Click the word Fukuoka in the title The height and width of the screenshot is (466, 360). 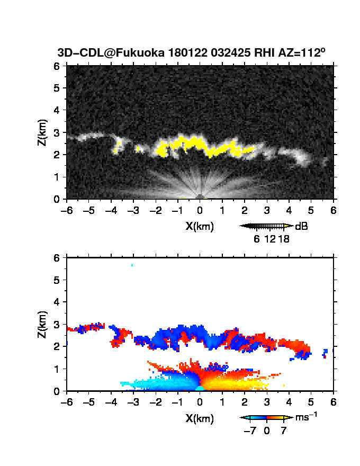click(x=140, y=52)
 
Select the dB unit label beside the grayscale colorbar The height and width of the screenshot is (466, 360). click(x=301, y=227)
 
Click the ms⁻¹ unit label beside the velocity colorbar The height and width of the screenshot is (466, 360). click(x=306, y=417)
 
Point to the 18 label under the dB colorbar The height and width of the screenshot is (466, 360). click(x=284, y=239)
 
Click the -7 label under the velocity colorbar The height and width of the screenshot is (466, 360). click(x=250, y=431)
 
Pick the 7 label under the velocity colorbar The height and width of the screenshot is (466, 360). click(x=284, y=431)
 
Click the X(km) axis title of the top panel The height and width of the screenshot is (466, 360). click(x=200, y=227)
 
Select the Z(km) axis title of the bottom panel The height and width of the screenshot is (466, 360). click(x=42, y=325)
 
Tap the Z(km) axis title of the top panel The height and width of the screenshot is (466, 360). click(x=42, y=132)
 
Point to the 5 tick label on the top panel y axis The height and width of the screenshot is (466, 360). click(x=57, y=88)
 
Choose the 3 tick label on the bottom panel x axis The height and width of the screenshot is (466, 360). click(x=267, y=402)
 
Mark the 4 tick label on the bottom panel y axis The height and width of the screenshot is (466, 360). click(x=57, y=302)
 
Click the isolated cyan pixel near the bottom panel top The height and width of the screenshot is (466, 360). click(x=132, y=265)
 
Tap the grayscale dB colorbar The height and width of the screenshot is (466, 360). click(x=266, y=226)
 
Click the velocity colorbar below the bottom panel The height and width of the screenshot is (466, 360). click(x=266, y=418)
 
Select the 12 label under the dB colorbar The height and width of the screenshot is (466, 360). click(x=269, y=239)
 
